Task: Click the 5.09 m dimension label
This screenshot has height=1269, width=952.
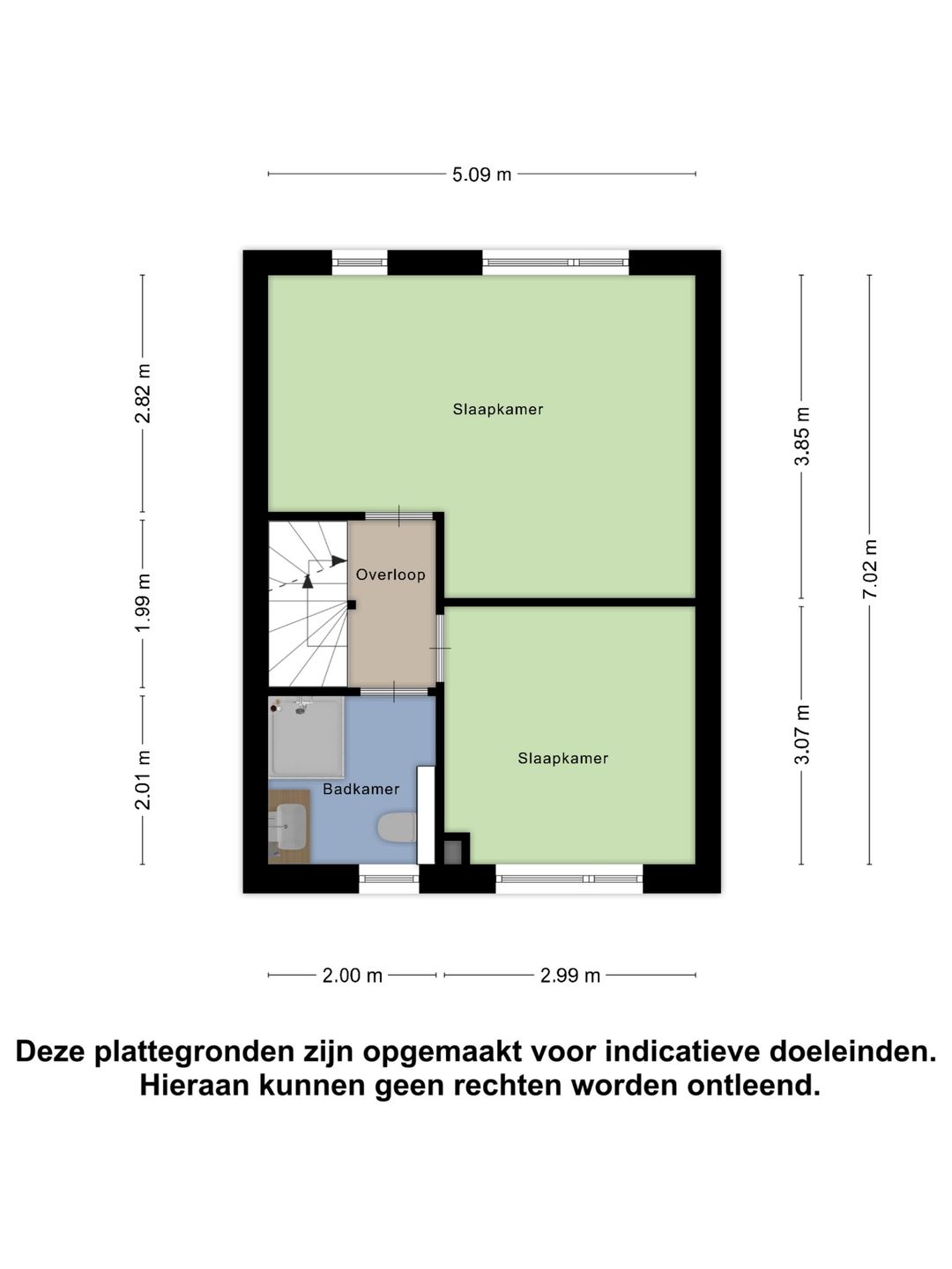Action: click(481, 174)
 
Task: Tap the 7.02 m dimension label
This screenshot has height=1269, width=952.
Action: click(870, 569)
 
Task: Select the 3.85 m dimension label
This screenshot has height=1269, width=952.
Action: click(801, 436)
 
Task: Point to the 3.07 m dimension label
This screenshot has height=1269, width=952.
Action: click(801, 734)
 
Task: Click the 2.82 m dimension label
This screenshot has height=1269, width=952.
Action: click(143, 393)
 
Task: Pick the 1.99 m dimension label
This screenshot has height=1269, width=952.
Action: click(143, 602)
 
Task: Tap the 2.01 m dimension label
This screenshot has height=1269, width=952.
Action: click(143, 780)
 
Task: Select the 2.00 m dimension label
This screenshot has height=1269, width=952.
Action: click(353, 976)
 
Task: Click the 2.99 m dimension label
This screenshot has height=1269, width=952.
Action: click(570, 976)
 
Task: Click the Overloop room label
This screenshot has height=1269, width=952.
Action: click(390, 575)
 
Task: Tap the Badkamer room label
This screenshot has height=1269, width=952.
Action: click(361, 789)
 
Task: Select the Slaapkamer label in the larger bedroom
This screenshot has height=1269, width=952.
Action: click(498, 409)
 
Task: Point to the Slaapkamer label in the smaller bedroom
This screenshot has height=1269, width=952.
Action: click(562, 758)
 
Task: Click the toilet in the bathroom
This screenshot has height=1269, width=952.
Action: click(397, 827)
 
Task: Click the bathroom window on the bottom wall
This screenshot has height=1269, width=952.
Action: click(389, 878)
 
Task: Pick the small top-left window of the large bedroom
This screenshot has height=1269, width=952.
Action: click(360, 262)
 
